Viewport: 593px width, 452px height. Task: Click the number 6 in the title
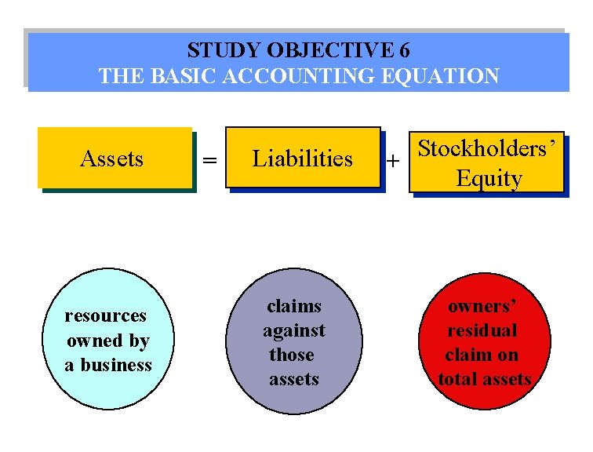pos(403,51)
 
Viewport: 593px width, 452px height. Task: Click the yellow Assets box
pos(115,158)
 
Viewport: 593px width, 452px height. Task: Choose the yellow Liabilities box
pos(303,158)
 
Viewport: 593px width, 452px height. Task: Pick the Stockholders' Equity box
pos(489,162)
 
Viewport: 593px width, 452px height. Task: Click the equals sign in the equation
pos(209,160)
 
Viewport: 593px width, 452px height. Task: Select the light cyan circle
pos(107,339)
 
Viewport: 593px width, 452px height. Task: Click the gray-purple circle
pos(294,342)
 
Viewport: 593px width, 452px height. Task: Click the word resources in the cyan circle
pos(105,315)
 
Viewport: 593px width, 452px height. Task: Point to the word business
pos(116,365)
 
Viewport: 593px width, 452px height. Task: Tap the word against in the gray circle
pos(294,330)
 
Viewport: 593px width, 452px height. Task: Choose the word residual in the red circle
pos(482,330)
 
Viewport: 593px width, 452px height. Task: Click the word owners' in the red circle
pos(482,305)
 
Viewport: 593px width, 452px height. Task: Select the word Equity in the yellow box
pos(489,178)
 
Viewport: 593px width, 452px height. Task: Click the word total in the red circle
pos(457,380)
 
